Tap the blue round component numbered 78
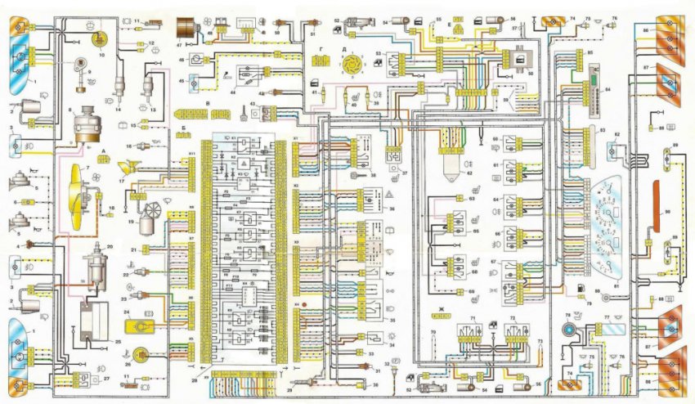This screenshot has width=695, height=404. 567,330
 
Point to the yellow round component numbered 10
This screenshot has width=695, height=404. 101,39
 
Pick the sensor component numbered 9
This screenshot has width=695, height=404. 82,65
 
